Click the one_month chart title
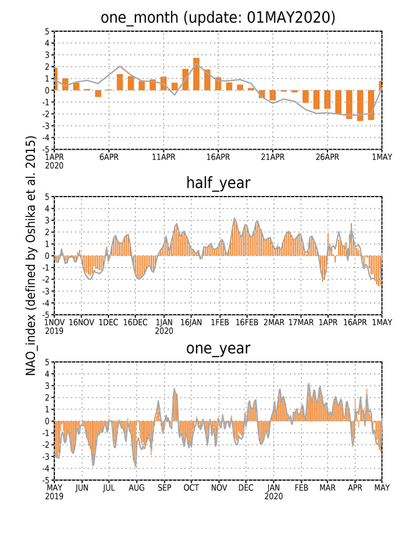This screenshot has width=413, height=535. (x=218, y=17)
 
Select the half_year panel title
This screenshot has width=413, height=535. (x=218, y=184)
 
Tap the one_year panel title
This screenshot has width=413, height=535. (x=218, y=349)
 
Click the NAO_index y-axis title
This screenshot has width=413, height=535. (x=31, y=255)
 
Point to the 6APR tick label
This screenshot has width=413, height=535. (x=109, y=157)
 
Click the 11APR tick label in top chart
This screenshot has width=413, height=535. (x=163, y=157)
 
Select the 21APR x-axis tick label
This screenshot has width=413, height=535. (x=273, y=157)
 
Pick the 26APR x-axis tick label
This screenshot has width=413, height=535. (x=328, y=157)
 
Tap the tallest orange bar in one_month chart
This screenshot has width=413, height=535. (x=196, y=74)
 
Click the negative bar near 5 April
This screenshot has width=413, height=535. (x=98, y=94)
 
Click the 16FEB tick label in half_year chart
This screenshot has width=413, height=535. (x=247, y=322)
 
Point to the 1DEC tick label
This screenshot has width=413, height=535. (x=109, y=322)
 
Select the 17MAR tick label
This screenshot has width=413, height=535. (x=301, y=322)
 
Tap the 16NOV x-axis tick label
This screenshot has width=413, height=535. (x=82, y=322)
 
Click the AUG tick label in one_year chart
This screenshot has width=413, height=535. (x=137, y=488)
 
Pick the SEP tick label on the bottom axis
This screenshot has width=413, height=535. (x=164, y=488)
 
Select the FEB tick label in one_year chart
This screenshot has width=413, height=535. (x=301, y=488)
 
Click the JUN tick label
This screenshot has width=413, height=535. (x=82, y=488)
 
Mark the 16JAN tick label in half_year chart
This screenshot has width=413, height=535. (x=191, y=322)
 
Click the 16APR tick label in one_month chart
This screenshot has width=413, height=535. (x=218, y=157)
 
